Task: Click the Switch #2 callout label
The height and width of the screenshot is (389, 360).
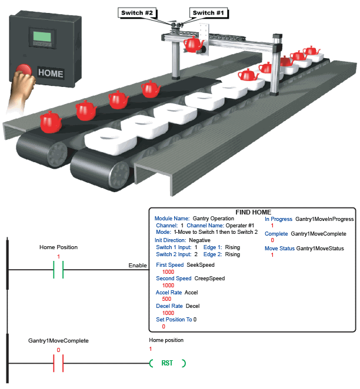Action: [137, 12]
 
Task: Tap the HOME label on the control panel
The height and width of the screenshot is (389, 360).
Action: [50, 74]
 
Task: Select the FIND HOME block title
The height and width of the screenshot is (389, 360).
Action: [253, 212]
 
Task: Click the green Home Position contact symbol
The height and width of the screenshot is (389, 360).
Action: [59, 270]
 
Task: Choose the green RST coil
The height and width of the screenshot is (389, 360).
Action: [167, 364]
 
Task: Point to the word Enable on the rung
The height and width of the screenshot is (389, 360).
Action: [138, 266]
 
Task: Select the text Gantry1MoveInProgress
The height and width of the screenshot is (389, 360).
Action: [325, 219]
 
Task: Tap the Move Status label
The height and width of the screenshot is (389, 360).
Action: [279, 249]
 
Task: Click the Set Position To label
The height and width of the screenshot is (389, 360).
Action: [174, 320]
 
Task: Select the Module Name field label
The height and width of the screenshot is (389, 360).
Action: [172, 218]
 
